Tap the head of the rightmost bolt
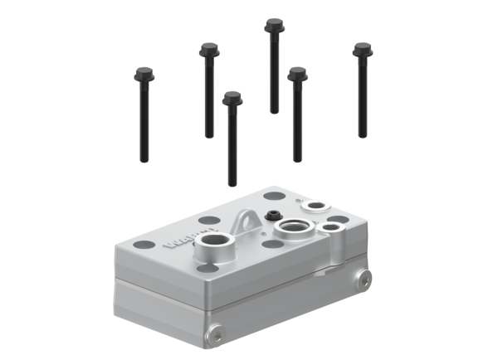click(361, 49)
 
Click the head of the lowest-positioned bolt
click(232, 97)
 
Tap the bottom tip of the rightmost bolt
click(362, 137)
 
